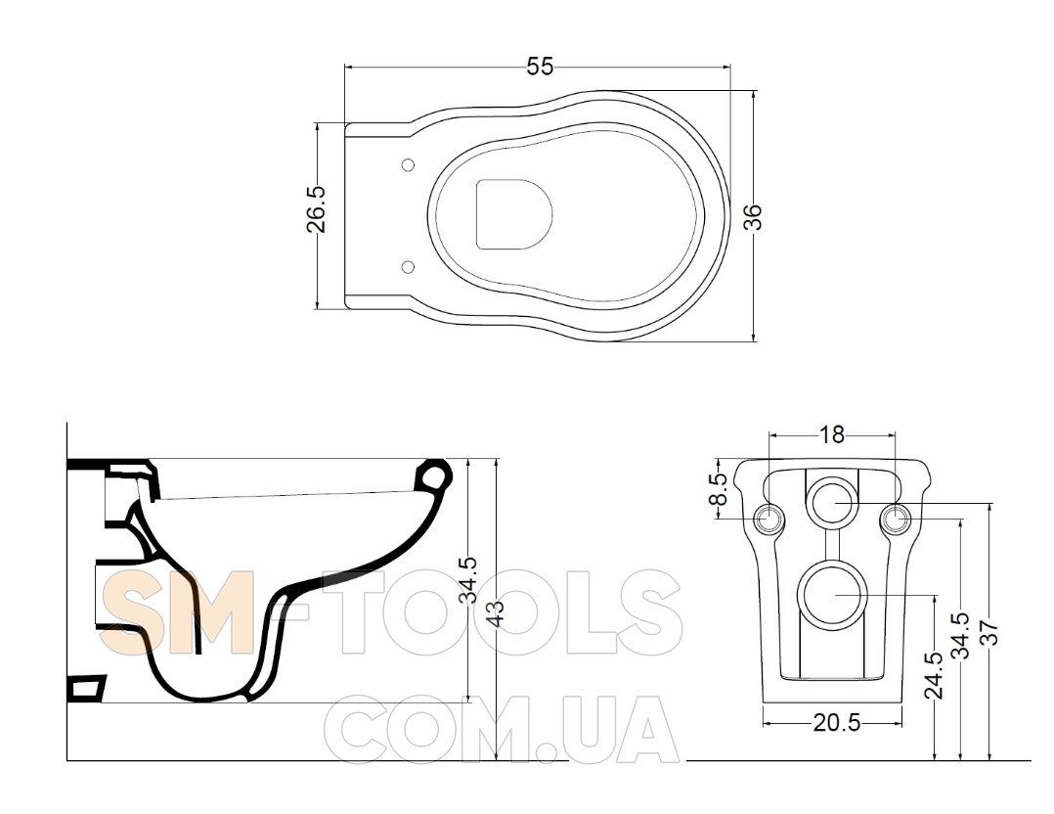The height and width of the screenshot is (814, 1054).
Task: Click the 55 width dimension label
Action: tap(540, 67)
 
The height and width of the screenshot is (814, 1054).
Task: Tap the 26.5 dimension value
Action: tap(316, 209)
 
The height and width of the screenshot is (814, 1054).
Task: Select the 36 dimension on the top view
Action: tap(754, 216)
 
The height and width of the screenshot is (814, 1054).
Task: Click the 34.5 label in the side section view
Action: tap(467, 580)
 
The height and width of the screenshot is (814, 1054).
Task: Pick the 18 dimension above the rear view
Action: tap(831, 435)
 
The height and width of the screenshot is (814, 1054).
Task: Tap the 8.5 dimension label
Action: tap(719, 489)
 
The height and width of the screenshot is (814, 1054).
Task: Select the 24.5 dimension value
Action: tap(935, 676)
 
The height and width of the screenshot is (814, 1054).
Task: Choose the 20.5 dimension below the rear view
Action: tap(837, 723)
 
